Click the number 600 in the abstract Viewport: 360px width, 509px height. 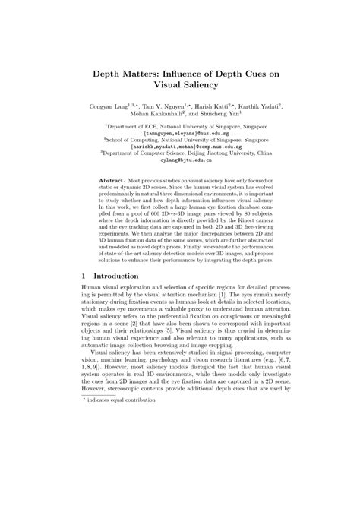[153, 236]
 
